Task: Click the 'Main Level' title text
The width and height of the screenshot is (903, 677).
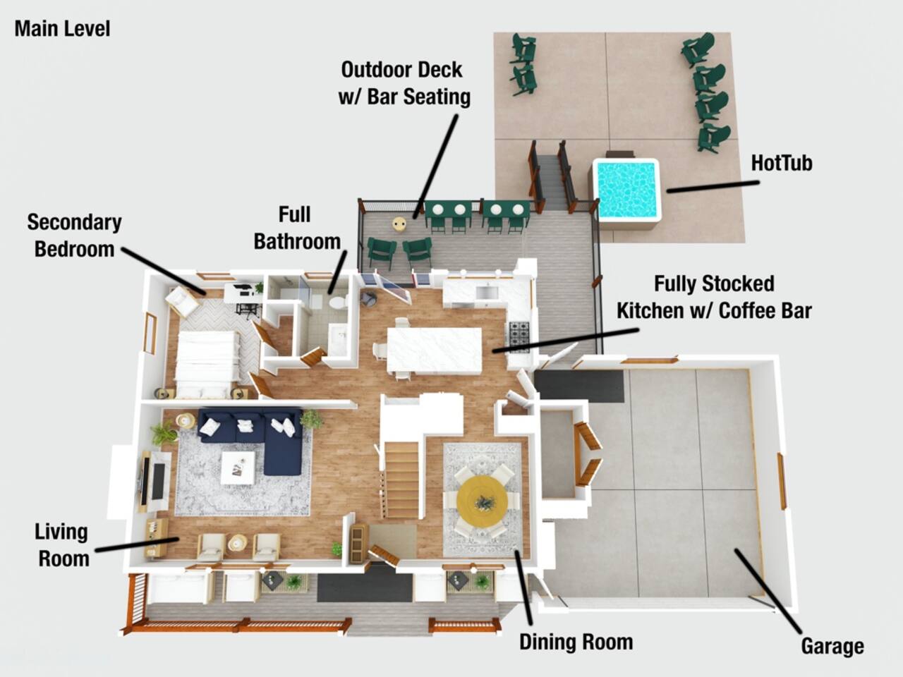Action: pyautogui.click(x=63, y=29)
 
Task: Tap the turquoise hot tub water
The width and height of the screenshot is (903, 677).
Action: pyautogui.click(x=626, y=189)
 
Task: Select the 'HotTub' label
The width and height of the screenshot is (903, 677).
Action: pyautogui.click(x=782, y=163)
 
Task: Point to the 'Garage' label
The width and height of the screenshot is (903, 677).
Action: pyautogui.click(x=832, y=647)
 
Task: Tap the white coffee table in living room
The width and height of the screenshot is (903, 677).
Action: pyautogui.click(x=237, y=468)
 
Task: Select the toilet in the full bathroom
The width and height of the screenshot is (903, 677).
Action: pyautogui.click(x=338, y=302)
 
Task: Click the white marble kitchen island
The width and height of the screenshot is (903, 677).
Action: pyautogui.click(x=435, y=350)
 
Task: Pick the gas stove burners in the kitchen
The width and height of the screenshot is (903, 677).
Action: pyautogui.click(x=520, y=337)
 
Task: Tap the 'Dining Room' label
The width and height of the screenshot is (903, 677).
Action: pyautogui.click(x=576, y=642)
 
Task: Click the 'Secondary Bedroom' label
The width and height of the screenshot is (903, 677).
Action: pyautogui.click(x=75, y=236)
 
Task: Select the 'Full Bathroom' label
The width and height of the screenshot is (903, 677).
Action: pyautogui.click(x=297, y=228)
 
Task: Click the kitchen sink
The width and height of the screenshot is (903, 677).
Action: pyautogui.click(x=487, y=293)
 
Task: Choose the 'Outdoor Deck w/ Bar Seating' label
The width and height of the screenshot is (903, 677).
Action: pyautogui.click(x=404, y=83)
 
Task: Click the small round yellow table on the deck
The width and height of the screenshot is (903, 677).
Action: pyautogui.click(x=399, y=224)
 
